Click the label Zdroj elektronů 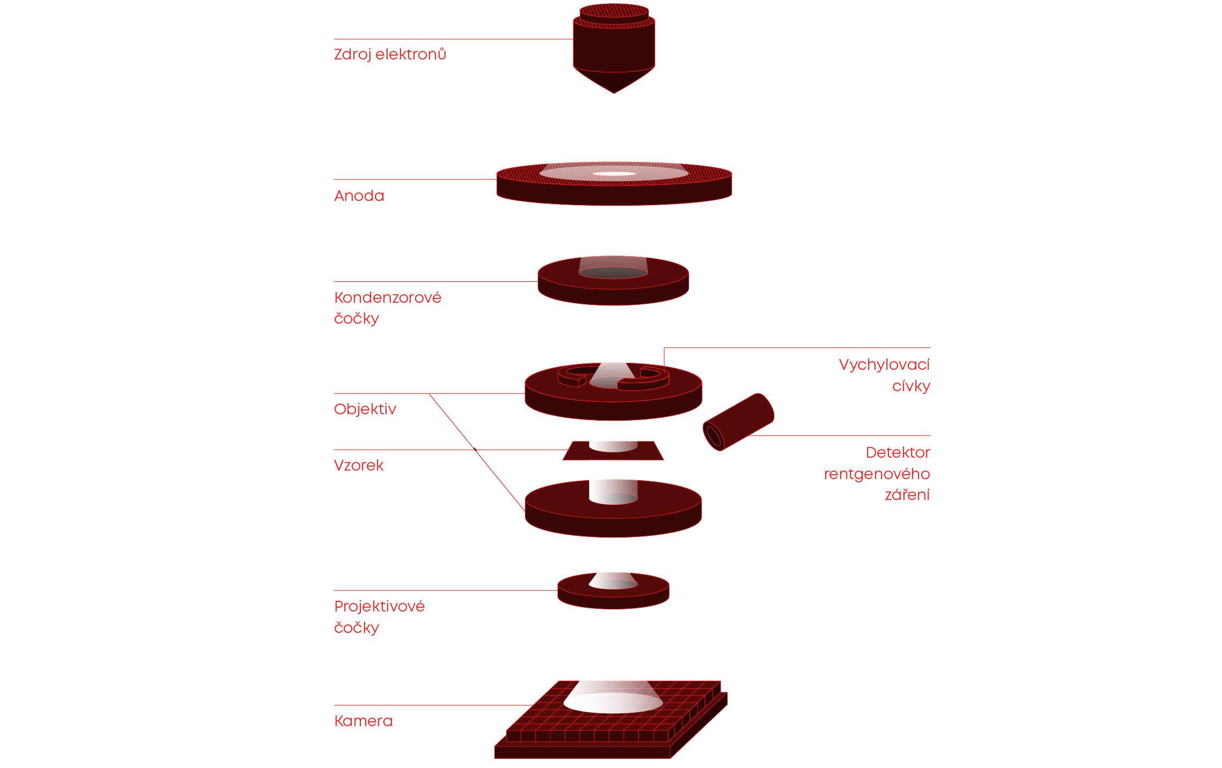point(390,55)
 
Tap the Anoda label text point(359,196)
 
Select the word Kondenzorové point(387,298)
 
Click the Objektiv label point(365,409)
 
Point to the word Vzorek point(358,466)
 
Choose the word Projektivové point(379,607)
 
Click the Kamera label point(363,721)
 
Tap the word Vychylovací point(884,365)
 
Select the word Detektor point(898,453)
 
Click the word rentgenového point(876,474)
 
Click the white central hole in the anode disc point(614,174)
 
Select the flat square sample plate point(579,453)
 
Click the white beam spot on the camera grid point(613,703)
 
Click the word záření point(907,495)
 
